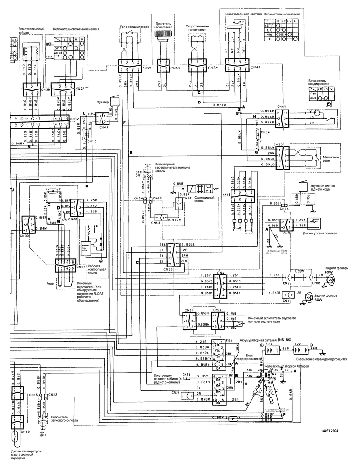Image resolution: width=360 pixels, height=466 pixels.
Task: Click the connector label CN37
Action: coord(146,68)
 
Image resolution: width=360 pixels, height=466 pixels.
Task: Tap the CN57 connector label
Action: coord(176,68)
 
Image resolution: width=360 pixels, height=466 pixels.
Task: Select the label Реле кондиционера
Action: coord(134,27)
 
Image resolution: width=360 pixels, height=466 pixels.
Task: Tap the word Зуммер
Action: coord(102,101)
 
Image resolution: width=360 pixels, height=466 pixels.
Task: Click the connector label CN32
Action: coord(77,119)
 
